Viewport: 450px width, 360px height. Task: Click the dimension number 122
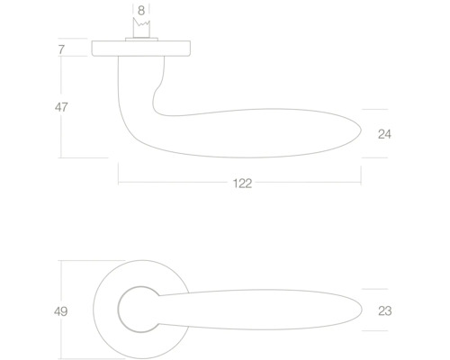tap(240, 183)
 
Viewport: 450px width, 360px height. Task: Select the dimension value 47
tap(62, 106)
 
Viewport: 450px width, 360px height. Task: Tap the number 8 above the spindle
tap(140, 12)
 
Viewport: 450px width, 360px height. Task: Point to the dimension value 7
tap(61, 49)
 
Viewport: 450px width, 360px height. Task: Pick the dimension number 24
tap(384, 134)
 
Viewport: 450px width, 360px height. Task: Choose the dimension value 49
tap(62, 311)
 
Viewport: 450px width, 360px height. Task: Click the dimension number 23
tap(384, 311)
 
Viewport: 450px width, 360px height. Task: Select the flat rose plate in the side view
tap(140, 49)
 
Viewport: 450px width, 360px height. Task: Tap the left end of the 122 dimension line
tap(119, 183)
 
